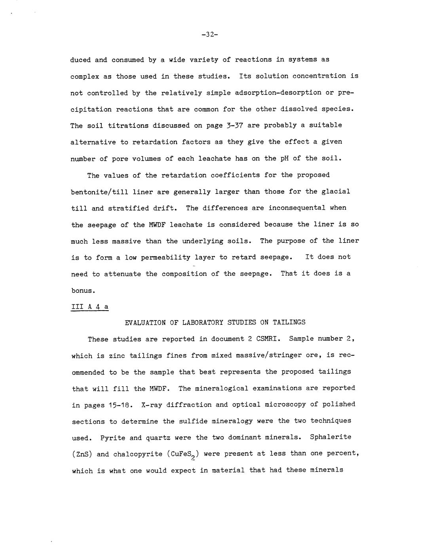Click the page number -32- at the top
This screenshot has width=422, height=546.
pos(210,34)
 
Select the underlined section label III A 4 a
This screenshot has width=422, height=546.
pos(89,307)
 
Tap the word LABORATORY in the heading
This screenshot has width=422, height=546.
pos(203,322)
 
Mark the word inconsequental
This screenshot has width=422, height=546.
pos(297,208)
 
